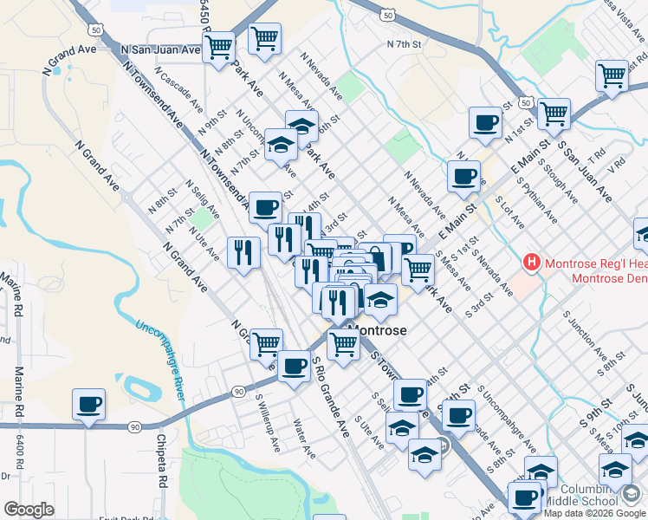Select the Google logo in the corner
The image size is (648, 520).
(x=29, y=510)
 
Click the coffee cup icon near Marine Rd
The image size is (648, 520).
(x=88, y=405)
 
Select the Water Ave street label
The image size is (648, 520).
(x=304, y=438)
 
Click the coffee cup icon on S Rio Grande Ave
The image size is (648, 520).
(x=294, y=367)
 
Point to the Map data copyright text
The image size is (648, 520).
(x=595, y=512)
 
